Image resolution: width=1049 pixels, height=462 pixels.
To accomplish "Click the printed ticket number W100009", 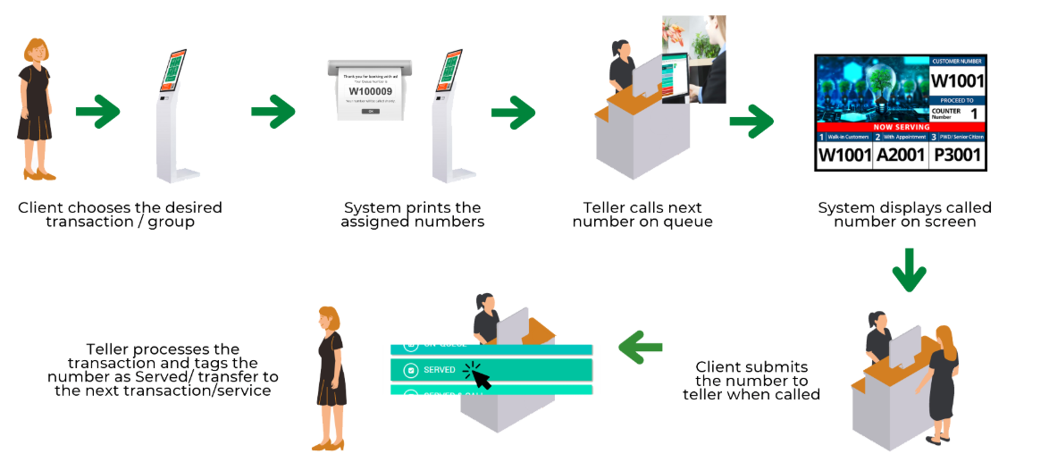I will click(x=370, y=91).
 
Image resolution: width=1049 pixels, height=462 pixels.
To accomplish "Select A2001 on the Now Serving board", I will click(x=901, y=155).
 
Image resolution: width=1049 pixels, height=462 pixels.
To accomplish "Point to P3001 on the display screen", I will click(x=957, y=155).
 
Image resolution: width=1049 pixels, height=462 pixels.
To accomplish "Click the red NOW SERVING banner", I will click(x=900, y=127).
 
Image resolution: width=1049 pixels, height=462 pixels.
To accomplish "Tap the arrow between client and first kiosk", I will click(x=97, y=112).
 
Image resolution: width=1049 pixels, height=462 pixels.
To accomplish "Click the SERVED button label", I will click(x=439, y=369).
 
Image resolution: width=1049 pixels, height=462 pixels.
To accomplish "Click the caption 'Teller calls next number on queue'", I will click(x=642, y=214).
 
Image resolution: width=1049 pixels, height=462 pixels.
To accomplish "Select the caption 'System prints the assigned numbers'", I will click(x=412, y=214).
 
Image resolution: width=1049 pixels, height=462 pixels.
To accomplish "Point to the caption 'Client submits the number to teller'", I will click(x=751, y=380).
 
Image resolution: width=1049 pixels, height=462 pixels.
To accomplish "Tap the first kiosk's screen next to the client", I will click(x=172, y=71).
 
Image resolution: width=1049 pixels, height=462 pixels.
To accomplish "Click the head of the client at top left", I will click(x=35, y=52).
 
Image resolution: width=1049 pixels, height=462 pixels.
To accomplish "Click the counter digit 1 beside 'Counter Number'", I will click(x=973, y=113).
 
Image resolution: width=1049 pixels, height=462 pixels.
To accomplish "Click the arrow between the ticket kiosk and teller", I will click(x=513, y=112).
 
